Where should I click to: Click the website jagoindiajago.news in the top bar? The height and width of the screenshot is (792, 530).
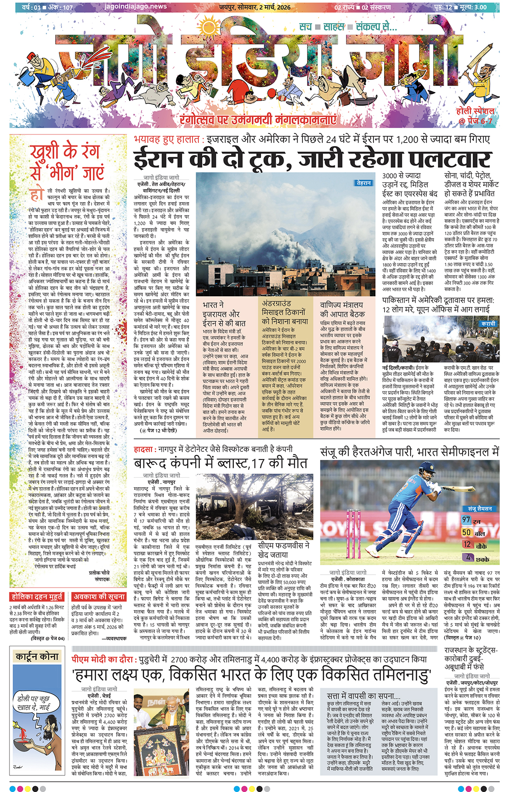[x=135, y=7]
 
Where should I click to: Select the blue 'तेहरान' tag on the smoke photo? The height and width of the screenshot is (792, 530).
[x=364, y=183]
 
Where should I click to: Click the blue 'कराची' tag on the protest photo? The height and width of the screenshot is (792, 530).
[x=488, y=324]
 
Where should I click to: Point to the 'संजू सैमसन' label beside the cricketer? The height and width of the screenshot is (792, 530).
[x=480, y=509]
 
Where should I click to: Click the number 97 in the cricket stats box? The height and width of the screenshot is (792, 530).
[x=466, y=520]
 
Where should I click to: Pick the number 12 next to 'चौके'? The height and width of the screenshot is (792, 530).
[x=467, y=544]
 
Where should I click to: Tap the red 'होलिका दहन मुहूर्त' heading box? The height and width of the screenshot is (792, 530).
[x=37, y=597]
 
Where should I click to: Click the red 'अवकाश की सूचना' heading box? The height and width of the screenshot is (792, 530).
[x=99, y=597]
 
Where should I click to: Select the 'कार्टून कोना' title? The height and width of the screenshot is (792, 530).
[x=37, y=657]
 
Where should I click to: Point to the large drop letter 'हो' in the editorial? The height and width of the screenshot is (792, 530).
[x=37, y=195]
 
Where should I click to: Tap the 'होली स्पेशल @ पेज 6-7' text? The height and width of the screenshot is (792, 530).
[x=475, y=116]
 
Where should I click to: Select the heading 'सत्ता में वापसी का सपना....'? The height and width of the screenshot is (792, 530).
[x=363, y=696]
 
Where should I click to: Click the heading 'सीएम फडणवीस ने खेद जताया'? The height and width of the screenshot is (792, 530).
[x=284, y=550]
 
